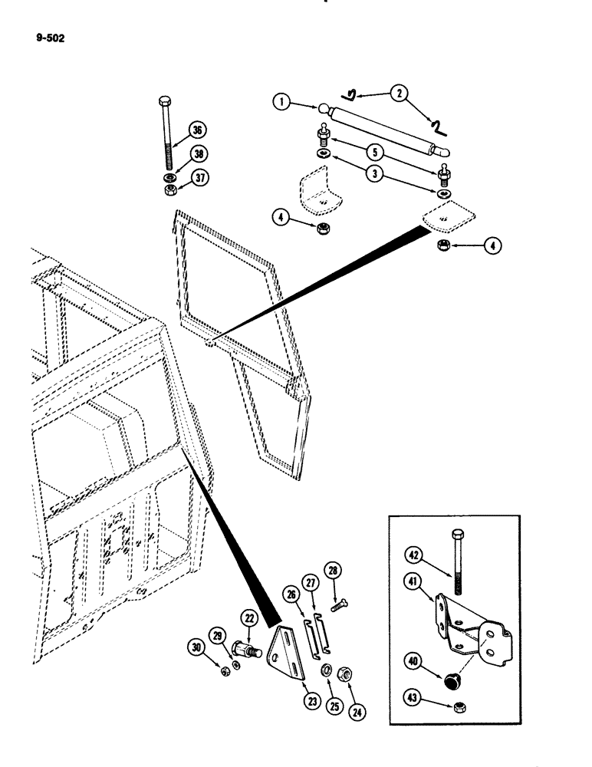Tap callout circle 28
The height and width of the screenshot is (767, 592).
click(334, 571)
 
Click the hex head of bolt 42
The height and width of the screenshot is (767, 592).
click(458, 534)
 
